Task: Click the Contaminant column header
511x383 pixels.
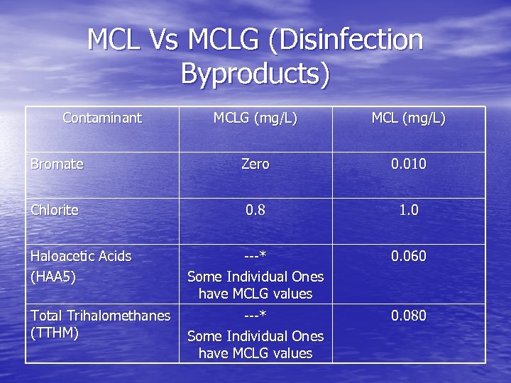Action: [102, 118]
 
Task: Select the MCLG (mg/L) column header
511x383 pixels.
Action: [255, 118]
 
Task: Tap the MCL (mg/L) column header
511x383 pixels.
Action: [409, 118]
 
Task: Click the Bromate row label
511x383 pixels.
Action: [57, 164]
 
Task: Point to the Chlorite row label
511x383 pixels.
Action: [55, 210]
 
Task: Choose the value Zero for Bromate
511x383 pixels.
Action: [255, 164]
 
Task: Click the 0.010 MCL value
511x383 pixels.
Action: [409, 164]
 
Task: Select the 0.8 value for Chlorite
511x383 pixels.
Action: [255, 210]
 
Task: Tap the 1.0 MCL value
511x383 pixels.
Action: [409, 210]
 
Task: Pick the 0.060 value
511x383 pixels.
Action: [409, 256]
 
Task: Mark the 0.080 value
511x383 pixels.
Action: [409, 316]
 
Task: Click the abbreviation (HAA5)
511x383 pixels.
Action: [53, 277]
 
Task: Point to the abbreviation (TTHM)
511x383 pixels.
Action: [54, 333]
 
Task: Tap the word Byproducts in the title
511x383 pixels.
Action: [255, 73]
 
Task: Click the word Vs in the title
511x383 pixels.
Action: [164, 40]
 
